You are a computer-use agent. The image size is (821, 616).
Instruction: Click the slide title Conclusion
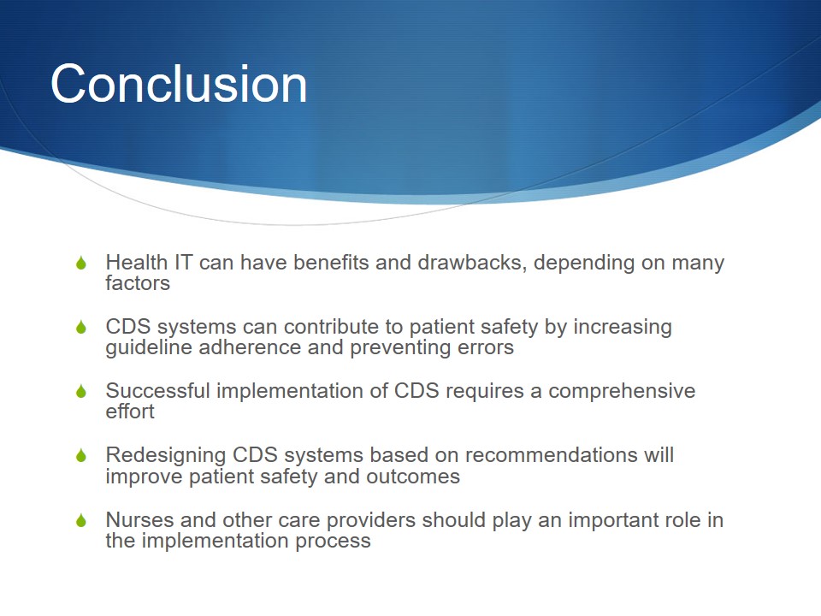(179, 84)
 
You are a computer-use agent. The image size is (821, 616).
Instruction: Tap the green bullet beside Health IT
(81, 263)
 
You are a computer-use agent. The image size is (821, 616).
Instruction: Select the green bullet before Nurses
(81, 520)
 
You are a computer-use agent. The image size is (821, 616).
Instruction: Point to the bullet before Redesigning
(81, 455)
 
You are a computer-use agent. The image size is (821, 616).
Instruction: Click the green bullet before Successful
(81, 391)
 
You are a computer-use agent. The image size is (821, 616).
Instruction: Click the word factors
(138, 283)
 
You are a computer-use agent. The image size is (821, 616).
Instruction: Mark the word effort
(130, 412)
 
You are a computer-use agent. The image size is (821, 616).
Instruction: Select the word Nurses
(139, 519)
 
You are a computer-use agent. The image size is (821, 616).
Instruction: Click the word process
(333, 541)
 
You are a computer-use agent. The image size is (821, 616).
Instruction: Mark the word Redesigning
(165, 455)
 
